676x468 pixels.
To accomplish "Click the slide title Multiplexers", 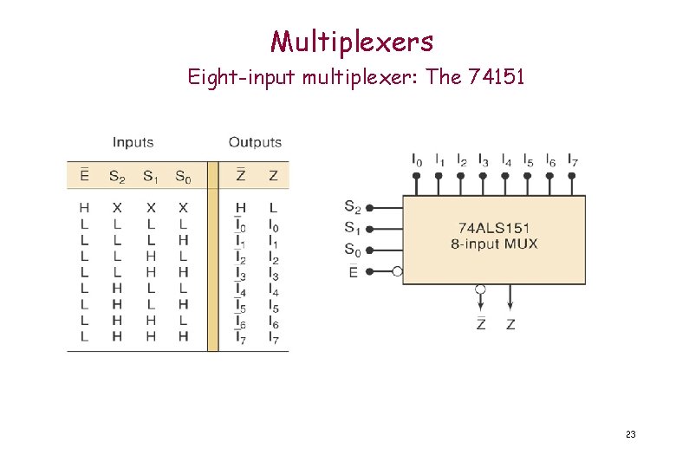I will (x=351, y=41).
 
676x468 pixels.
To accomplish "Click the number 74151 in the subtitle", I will (x=496, y=78).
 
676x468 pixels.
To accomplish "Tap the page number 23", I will (x=630, y=433).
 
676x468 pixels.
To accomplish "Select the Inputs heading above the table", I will (x=133, y=142).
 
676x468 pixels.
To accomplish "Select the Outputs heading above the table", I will (x=255, y=142).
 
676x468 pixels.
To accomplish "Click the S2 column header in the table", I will (x=117, y=177).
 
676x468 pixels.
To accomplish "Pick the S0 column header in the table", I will (x=183, y=177).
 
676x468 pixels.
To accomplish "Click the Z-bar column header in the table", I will (x=240, y=176).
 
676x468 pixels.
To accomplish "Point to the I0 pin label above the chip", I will (x=417, y=160).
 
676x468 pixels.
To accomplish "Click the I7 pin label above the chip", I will (x=572, y=160).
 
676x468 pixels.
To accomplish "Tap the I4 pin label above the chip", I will (x=506, y=160).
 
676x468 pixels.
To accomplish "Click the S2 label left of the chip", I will (x=352, y=206).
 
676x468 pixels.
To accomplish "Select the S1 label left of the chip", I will (x=352, y=228).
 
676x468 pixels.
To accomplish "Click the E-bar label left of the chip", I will (x=353, y=270).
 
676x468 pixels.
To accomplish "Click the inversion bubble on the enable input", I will (x=397, y=271).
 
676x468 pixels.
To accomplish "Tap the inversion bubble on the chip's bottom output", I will (x=481, y=289).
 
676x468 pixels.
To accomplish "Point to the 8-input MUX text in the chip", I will (x=494, y=244).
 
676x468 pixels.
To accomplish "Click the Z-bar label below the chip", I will (x=481, y=323).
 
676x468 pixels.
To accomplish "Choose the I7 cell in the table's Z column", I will (x=273, y=337).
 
